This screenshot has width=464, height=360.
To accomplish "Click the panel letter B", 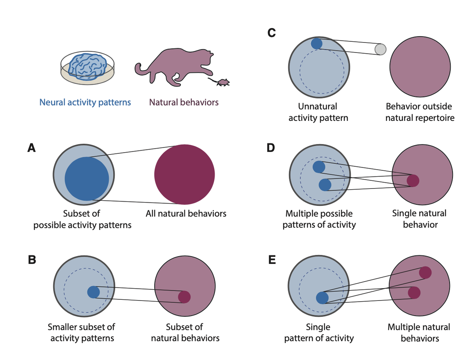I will (32, 260).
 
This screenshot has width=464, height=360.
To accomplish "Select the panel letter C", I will (271, 34).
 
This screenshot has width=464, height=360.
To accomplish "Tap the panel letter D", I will (272, 148).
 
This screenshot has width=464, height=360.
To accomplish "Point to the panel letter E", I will (272, 260).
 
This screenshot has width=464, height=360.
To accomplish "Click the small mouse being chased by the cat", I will (222, 82).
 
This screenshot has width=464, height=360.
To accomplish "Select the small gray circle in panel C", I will (380, 49).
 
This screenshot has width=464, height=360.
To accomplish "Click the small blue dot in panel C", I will (317, 43).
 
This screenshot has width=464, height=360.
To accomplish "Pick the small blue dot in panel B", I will (94, 292).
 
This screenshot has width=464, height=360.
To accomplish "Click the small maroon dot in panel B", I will (184, 297).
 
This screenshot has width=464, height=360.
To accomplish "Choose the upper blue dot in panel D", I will (319, 167).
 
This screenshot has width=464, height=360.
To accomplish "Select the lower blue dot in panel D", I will (325, 185).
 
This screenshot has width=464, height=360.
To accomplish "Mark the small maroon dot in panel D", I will (413, 180).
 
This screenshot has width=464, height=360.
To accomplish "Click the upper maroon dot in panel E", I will (425, 272).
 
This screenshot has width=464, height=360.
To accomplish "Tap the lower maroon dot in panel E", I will (414, 293).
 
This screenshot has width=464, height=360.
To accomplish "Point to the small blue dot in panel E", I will (322, 298).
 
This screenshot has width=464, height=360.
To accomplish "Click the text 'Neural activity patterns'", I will (85, 103).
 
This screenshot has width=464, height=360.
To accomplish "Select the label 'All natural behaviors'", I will (186, 214).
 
